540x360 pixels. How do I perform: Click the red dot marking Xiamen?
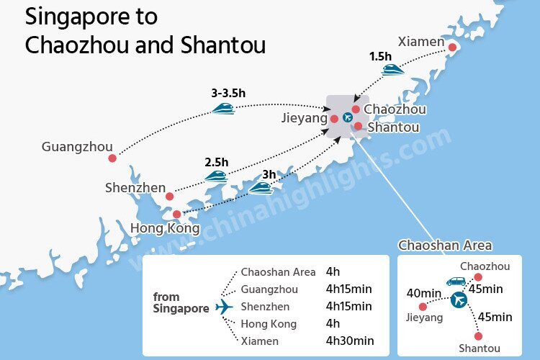(x=452, y=48)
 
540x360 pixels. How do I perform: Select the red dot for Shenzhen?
(x=170, y=196)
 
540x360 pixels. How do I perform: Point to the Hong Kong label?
(x=165, y=228)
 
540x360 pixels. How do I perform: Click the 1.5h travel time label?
(x=381, y=56)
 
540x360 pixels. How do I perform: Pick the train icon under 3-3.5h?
(x=223, y=108)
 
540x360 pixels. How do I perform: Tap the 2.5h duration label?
(x=216, y=161)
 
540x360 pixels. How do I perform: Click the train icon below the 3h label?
(x=261, y=188)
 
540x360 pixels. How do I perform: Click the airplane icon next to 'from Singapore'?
(x=225, y=307)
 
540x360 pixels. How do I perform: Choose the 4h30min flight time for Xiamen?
(x=350, y=341)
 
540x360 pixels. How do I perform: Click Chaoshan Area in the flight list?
(x=278, y=272)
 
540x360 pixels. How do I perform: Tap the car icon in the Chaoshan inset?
(x=456, y=282)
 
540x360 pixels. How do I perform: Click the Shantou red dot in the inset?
(x=477, y=336)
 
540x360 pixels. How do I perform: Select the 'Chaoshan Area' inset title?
(x=445, y=246)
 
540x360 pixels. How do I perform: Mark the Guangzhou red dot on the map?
(x=112, y=158)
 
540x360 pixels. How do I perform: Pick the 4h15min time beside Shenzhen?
(x=349, y=306)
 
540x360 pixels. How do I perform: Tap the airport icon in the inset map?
(x=458, y=299)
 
